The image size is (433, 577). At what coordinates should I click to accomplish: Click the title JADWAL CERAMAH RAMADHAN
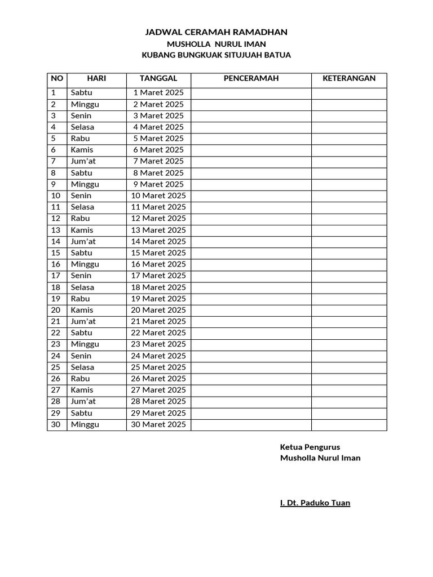point(216,32)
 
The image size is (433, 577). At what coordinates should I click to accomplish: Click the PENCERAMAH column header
point(251,78)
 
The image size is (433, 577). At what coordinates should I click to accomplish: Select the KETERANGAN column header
point(349,78)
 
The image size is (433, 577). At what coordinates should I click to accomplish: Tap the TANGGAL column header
point(158,78)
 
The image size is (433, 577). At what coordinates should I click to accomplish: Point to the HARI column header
point(96,78)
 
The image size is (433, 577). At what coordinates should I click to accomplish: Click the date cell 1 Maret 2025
point(158,92)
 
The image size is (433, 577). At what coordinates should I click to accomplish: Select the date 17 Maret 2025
point(158,276)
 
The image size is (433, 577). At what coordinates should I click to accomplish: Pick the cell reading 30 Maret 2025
point(158,424)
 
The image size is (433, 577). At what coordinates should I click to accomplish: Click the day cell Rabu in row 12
point(81,218)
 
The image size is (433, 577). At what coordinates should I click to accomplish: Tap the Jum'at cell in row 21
point(83,321)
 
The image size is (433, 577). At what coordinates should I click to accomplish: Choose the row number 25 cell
point(56,367)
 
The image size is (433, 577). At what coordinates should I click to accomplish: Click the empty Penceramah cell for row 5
point(251,138)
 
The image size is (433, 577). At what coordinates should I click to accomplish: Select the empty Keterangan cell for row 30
point(349,424)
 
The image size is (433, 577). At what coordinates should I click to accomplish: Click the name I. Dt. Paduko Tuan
point(315,503)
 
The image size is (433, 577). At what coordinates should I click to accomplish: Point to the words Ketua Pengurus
point(310,447)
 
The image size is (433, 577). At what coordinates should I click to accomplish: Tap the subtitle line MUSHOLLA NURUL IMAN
point(216,44)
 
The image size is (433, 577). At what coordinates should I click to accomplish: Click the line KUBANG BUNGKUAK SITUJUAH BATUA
point(216,55)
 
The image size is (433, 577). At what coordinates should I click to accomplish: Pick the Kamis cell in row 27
point(82,390)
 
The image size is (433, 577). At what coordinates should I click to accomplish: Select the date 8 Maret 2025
point(158,172)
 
